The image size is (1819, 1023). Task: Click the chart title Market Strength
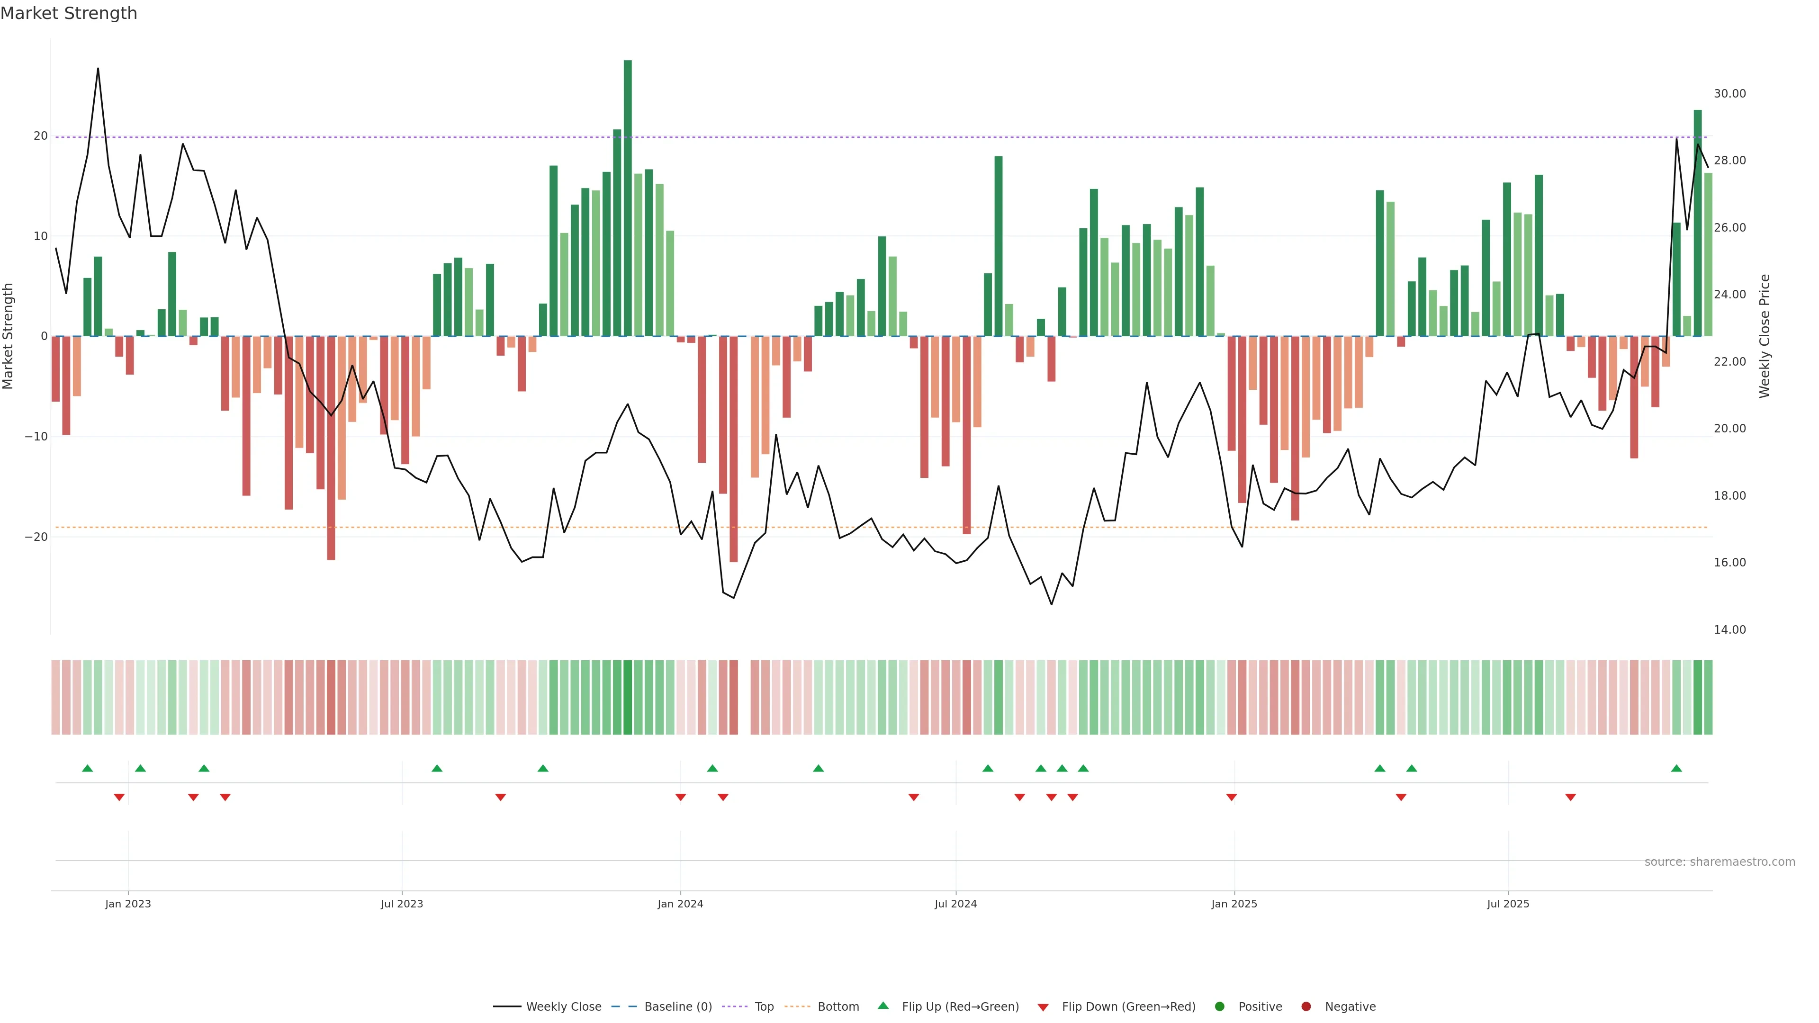69,13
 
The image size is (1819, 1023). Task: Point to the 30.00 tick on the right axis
1729,94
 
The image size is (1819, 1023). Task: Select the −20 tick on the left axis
36,537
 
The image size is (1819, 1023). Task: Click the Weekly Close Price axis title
1765,336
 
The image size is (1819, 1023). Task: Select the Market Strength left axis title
9,336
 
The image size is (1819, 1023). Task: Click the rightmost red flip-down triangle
1570,798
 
